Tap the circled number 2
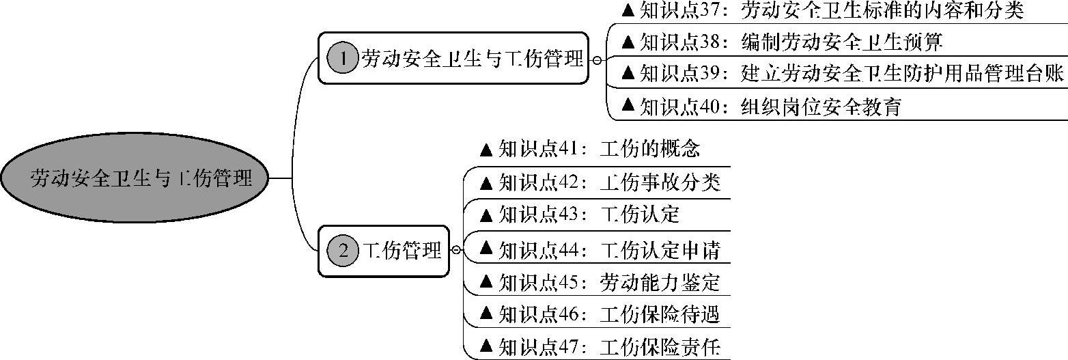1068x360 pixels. [x=343, y=251]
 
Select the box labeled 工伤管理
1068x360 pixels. [x=384, y=251]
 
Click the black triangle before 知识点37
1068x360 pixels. [x=628, y=11]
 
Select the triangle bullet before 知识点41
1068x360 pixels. [x=487, y=148]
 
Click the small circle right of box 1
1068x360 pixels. [x=597, y=60]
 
